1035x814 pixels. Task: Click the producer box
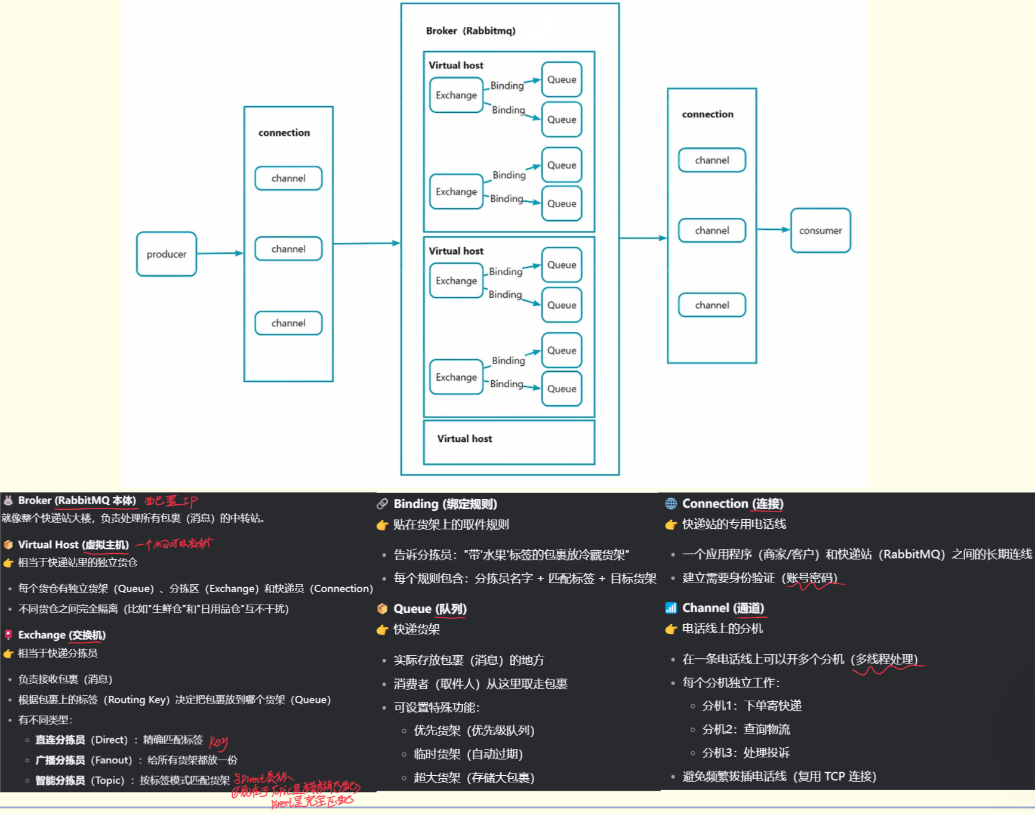(x=167, y=254)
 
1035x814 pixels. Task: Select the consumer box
(x=820, y=230)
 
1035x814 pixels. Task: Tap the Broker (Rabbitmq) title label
(x=470, y=30)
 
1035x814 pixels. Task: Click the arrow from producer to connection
(x=220, y=253)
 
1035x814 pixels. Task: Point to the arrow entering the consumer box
(x=774, y=229)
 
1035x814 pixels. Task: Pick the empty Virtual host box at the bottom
(x=509, y=442)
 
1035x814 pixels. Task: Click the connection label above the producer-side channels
(x=284, y=132)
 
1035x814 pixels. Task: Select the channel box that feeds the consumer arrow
(x=711, y=230)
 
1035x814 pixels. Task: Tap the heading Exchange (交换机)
(x=61, y=635)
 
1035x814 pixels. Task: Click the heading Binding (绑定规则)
(x=445, y=504)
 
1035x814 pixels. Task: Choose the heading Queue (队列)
(x=430, y=609)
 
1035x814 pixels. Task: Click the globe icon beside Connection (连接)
(x=671, y=504)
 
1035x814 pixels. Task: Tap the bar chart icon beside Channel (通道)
(x=671, y=608)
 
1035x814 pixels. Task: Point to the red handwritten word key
(x=218, y=742)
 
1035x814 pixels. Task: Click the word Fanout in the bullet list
(x=111, y=760)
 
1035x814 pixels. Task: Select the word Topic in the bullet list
(x=107, y=780)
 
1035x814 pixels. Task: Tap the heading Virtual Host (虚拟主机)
(x=73, y=544)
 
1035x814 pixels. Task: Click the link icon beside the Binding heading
(x=382, y=504)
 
